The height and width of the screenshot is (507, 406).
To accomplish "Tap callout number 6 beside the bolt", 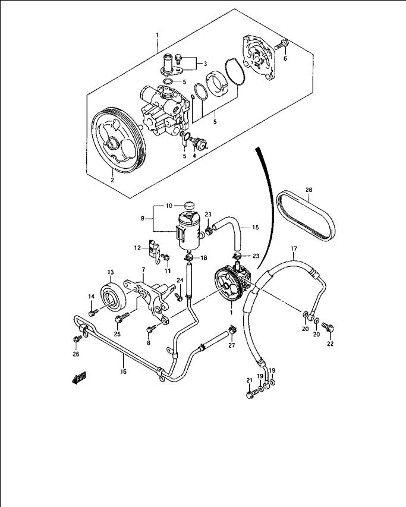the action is [285, 58].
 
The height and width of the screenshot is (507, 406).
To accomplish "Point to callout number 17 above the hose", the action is [294, 248].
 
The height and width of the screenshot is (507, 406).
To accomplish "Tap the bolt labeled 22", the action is [328, 327].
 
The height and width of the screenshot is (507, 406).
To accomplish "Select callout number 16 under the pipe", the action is [123, 371].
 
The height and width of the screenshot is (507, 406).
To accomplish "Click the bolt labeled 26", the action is [78, 339].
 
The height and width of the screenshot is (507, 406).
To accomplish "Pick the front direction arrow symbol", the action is [79, 377].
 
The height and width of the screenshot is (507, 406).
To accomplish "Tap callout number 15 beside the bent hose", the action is [256, 228].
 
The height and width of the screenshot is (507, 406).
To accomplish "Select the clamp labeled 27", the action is [231, 330].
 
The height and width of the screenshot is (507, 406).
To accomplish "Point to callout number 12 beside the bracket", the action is [137, 248].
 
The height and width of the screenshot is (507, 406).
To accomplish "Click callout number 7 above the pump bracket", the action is [143, 270].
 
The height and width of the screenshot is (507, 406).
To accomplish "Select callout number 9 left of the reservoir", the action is [143, 218].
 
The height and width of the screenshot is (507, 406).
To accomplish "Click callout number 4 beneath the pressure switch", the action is [194, 156].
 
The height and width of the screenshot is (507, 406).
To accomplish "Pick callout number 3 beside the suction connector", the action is [205, 64].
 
